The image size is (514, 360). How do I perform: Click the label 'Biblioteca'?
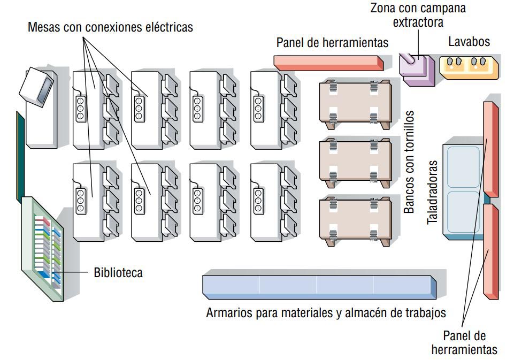pyautogui.click(x=118, y=273)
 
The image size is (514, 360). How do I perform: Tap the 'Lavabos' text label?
pyautogui.click(x=469, y=42)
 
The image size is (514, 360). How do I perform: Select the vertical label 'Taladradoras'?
pyautogui.click(x=433, y=192)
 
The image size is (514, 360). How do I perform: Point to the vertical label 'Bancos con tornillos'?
pyautogui.click(x=409, y=162)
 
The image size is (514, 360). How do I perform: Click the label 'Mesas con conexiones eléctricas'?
pyautogui.click(x=110, y=27)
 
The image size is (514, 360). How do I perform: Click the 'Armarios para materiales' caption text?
pyautogui.click(x=326, y=313)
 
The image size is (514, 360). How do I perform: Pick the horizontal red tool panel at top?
pyautogui.click(x=329, y=62)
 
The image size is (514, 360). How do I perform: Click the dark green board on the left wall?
pyautogui.click(x=20, y=155)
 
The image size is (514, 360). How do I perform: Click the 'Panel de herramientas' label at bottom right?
pyautogui.click(x=464, y=342)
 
